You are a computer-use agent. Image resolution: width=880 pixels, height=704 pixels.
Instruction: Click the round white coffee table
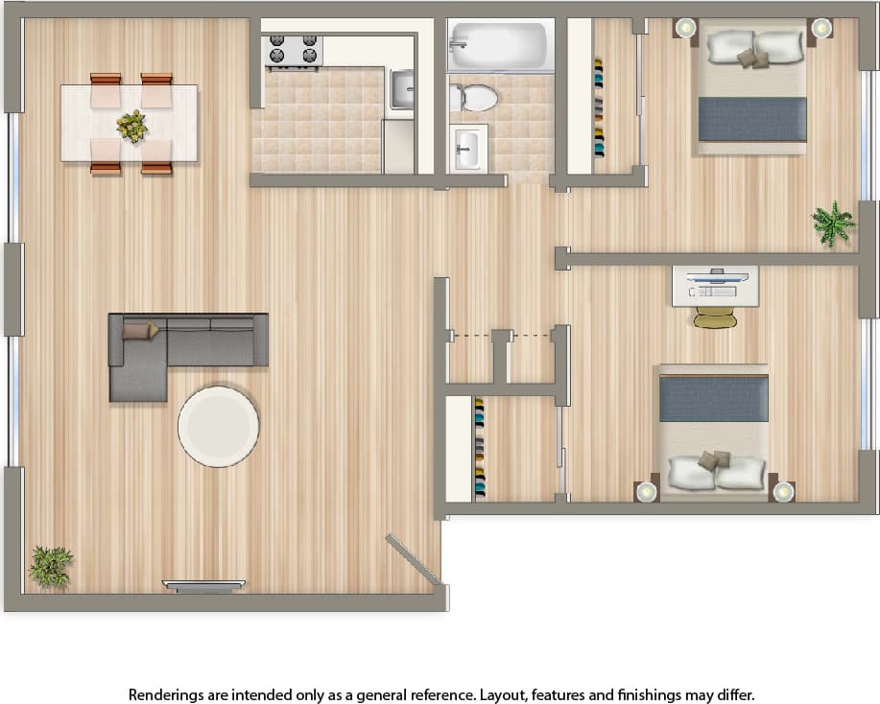coord(218,426)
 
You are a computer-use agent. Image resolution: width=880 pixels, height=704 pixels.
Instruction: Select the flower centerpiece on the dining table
coord(131,126)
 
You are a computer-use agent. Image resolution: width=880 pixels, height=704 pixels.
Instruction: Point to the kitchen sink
coord(403,89)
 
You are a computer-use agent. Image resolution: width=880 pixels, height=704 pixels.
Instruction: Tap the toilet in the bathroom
coord(475,97)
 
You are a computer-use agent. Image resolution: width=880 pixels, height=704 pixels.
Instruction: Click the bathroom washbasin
coord(468,149)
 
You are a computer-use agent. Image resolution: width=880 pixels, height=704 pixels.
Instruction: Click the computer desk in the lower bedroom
coord(715,286)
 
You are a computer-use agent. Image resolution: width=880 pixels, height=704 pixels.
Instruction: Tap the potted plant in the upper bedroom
coord(833,223)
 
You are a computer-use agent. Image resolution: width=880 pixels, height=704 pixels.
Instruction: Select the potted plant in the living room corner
coord(50,565)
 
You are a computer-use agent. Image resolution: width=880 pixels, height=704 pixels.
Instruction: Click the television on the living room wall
coord(203,586)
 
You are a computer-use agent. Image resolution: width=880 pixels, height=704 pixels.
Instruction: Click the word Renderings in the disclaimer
coord(165,693)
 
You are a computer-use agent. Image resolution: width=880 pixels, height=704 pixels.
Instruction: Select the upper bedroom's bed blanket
coord(751,118)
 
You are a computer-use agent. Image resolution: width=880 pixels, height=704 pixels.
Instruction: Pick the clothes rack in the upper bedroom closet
coord(599,107)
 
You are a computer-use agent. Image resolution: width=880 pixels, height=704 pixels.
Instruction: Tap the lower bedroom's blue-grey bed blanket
coord(713,398)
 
